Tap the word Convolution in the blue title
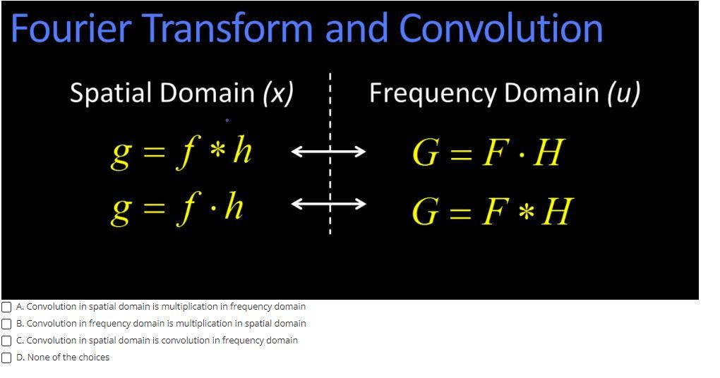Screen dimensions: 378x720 [x=501, y=29]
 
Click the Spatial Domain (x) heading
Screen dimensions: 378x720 [x=182, y=93]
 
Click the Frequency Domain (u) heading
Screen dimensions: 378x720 [x=505, y=93]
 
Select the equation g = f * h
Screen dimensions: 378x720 [x=182, y=152]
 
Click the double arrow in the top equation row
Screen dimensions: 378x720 [x=329, y=151]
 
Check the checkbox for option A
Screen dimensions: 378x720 [x=6, y=307]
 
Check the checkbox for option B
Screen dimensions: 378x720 [x=6, y=324]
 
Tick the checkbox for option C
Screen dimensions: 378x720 [x=6, y=341]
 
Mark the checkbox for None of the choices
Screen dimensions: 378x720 [x=6, y=358]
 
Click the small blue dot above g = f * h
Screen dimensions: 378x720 [x=227, y=120]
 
